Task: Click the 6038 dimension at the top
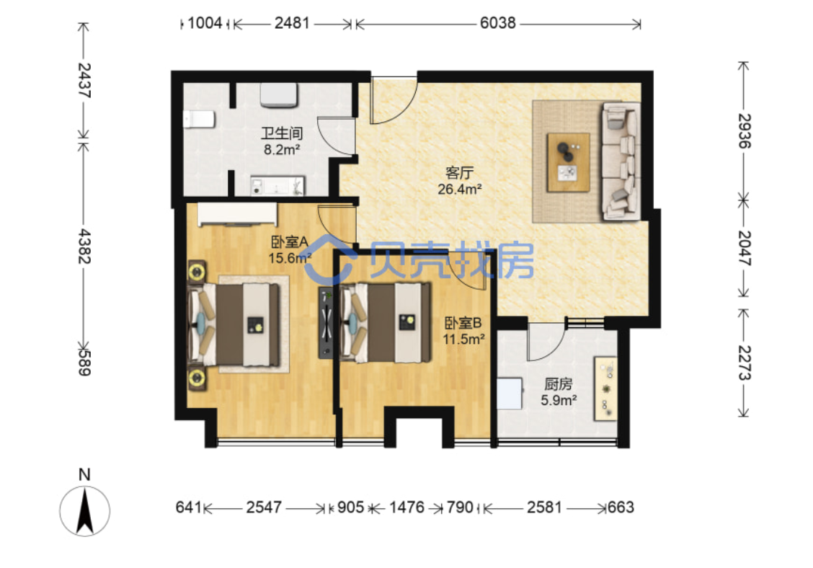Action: (x=497, y=23)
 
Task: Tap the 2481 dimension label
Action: (x=292, y=23)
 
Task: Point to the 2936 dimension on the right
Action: (x=745, y=130)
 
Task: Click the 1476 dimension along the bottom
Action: (x=406, y=507)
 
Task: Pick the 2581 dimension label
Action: (x=544, y=507)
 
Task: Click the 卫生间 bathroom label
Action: (x=282, y=133)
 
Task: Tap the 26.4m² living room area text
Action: (x=459, y=190)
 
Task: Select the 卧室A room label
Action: (x=289, y=241)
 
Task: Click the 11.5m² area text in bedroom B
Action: (x=463, y=340)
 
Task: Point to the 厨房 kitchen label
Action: (x=559, y=384)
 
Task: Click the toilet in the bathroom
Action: (x=199, y=119)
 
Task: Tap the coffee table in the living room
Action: (x=568, y=162)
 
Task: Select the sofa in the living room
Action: (x=621, y=161)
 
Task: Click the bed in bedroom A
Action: (x=235, y=324)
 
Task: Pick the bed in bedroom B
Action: (x=386, y=322)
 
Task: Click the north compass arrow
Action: (x=84, y=512)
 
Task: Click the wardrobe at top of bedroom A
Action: (x=237, y=214)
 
